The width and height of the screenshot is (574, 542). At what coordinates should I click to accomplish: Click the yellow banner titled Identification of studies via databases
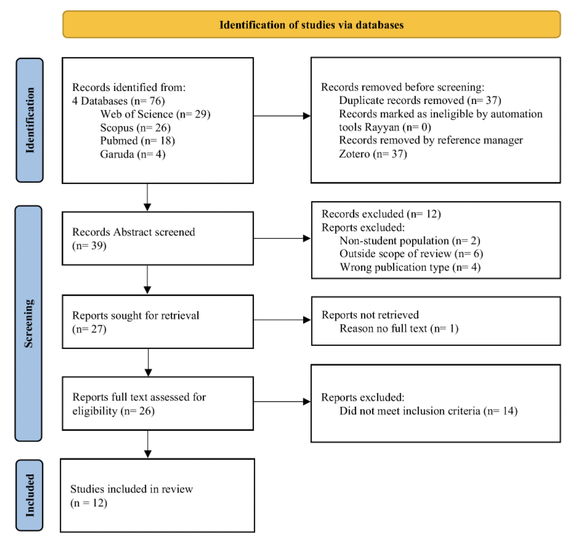311,25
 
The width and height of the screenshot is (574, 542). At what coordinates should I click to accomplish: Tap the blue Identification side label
30,120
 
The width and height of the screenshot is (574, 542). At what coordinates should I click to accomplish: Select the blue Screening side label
28,323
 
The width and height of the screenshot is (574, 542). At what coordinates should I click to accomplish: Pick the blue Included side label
29,495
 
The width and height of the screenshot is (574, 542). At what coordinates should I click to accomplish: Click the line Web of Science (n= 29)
155,114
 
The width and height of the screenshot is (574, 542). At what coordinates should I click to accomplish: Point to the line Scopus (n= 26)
136,128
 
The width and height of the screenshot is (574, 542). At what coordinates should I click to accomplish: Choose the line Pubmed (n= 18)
137,141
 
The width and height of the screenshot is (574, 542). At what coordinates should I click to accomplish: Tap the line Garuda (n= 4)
133,154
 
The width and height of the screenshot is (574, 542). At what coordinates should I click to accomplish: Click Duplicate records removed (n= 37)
420,100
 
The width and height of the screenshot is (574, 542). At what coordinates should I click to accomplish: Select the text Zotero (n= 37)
373,154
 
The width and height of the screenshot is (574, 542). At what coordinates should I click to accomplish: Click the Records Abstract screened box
158,238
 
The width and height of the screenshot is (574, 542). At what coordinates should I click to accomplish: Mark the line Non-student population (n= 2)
409,241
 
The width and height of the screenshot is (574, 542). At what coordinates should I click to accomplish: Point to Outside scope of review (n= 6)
411,254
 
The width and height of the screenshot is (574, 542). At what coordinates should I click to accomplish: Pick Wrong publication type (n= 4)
410,268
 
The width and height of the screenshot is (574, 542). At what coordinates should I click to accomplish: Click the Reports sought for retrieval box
158,321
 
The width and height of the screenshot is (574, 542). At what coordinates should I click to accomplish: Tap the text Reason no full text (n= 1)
399,328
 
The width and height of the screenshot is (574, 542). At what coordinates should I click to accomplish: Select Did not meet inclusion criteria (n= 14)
429,411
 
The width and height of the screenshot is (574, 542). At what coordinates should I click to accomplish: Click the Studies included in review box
157,495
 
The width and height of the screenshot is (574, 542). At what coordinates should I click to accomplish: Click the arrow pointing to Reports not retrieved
282,320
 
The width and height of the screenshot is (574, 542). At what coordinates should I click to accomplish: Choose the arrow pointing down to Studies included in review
148,444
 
